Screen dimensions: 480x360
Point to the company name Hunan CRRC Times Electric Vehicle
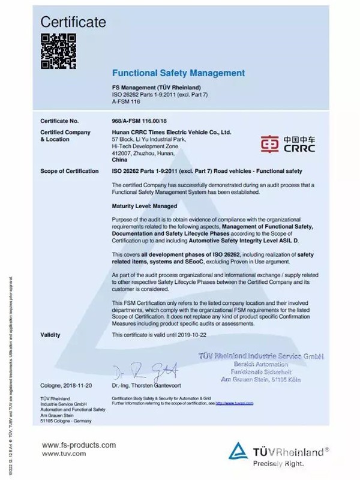(x=172, y=131)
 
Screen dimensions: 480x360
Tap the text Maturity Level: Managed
(x=144, y=206)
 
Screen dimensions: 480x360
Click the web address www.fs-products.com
(x=78, y=445)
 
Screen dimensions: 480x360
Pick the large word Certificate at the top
(x=74, y=22)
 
